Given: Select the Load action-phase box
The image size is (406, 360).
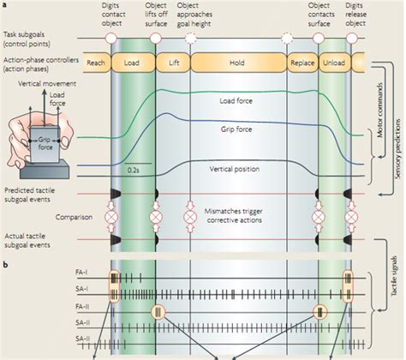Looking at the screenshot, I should coord(133,63).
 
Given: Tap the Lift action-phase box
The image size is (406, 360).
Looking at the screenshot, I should coord(173,63).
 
